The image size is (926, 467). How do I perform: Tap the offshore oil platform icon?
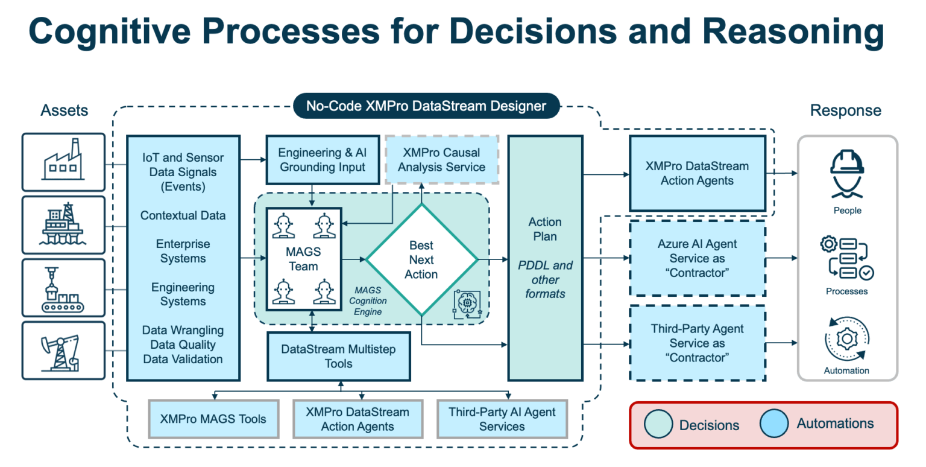point(63,224)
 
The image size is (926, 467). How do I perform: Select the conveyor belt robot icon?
point(63,287)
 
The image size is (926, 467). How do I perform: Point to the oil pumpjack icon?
point(63,351)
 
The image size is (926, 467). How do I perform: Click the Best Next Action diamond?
point(421,260)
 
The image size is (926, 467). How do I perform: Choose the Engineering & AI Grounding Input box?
point(323,159)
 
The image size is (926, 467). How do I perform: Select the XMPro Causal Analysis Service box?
point(441,159)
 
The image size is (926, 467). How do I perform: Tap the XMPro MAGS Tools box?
point(213,419)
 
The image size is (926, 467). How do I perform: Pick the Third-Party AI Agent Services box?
point(502,419)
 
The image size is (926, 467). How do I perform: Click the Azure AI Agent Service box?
point(697,258)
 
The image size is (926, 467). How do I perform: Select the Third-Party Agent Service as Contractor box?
point(697,343)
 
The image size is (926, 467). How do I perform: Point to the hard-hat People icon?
point(847,173)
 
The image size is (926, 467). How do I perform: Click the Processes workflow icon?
point(847,259)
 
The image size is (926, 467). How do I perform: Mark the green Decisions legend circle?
point(658,425)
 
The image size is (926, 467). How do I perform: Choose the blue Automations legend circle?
point(774,424)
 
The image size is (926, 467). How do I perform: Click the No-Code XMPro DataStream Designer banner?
point(426,107)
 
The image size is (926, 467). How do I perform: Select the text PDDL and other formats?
point(544,279)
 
